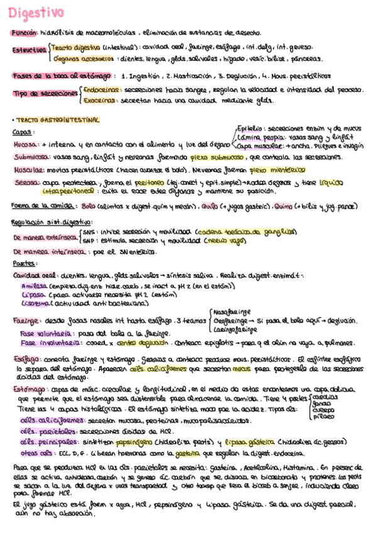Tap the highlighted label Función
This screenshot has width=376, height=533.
[23, 34]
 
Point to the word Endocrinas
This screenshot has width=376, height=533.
[99, 89]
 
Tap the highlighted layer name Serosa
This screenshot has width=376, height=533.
[24, 182]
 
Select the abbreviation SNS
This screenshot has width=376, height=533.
[89, 231]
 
